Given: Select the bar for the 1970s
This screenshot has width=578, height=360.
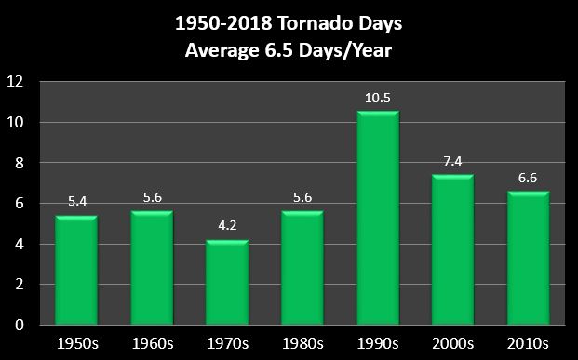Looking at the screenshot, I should tap(227, 283).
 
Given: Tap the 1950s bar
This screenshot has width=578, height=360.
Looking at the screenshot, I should tap(76, 271).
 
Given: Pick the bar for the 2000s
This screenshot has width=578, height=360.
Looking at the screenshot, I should tap(452, 250).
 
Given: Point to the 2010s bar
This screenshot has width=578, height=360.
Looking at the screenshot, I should tap(528, 259).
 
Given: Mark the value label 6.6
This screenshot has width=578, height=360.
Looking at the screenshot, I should tap(528, 179).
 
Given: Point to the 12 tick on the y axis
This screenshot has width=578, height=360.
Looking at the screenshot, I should tap(18, 82).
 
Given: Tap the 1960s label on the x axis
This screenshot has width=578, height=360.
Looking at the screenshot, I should tap(152, 342).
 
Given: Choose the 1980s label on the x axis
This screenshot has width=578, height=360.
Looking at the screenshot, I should tap(302, 342).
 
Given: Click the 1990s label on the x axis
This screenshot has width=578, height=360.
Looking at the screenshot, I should tap(377, 342).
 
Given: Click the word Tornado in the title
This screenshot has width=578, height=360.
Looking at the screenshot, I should tap(304, 21).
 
